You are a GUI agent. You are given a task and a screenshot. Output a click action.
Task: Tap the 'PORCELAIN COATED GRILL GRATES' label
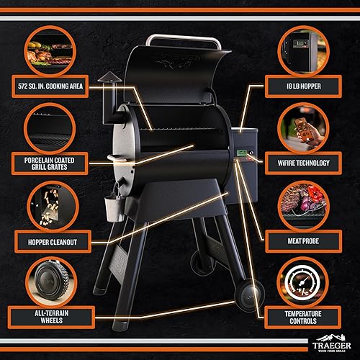(x=51, y=161)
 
